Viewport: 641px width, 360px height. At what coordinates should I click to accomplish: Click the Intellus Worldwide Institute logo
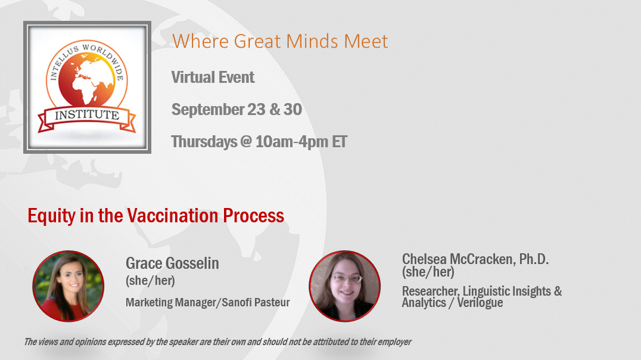click(87, 87)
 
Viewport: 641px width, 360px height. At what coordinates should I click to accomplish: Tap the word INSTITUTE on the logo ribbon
click(87, 115)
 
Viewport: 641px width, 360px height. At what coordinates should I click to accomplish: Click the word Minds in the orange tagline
click(313, 41)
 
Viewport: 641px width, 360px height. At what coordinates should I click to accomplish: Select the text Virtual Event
click(213, 77)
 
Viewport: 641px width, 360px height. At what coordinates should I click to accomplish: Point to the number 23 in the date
click(256, 110)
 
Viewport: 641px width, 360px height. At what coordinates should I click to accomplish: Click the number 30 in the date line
click(293, 110)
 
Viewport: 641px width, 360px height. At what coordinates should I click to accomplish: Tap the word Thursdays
click(204, 142)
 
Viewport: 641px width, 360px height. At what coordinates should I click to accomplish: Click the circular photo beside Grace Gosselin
click(69, 286)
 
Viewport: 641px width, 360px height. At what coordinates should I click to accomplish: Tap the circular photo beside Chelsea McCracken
click(344, 286)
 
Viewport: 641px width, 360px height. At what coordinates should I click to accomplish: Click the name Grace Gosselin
click(172, 263)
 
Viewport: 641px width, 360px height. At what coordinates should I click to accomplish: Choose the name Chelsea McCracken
click(458, 259)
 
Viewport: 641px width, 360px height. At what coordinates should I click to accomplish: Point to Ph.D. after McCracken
click(534, 259)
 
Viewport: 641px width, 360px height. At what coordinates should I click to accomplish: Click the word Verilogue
click(480, 303)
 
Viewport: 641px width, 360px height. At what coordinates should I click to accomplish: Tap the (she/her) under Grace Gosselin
click(150, 281)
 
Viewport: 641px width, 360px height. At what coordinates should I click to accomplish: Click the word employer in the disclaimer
click(394, 342)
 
